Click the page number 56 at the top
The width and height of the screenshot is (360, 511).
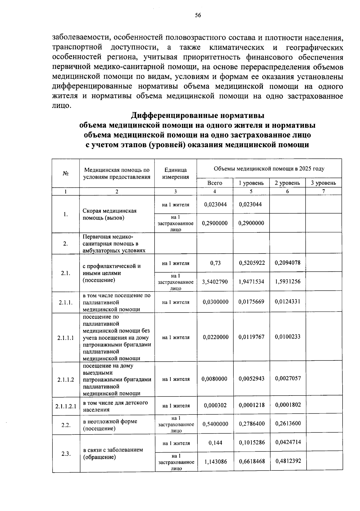pyautogui.click(x=198, y=16)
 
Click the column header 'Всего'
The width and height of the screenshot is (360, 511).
pyautogui.click(x=215, y=183)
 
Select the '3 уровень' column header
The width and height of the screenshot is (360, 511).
pyautogui.click(x=323, y=183)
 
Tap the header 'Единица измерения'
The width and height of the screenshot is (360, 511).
pyautogui.click(x=175, y=173)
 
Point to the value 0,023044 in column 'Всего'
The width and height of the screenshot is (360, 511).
pyautogui.click(x=215, y=205)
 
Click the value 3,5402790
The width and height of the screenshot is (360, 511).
pyautogui.click(x=215, y=282)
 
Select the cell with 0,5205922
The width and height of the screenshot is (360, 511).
pyautogui.click(x=252, y=263)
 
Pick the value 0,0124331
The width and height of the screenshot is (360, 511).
pyautogui.click(x=287, y=301)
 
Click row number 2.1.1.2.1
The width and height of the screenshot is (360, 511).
pyautogui.click(x=66, y=406)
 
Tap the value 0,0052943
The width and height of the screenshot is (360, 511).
pyautogui.click(x=252, y=379)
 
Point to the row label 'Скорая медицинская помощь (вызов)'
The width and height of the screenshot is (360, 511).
pyautogui.click(x=109, y=214)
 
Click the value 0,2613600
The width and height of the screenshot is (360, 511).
pyautogui.click(x=288, y=423)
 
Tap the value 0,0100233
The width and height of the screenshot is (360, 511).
pyautogui.click(x=287, y=337)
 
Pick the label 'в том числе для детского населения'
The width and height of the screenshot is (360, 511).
pyautogui.click(x=115, y=406)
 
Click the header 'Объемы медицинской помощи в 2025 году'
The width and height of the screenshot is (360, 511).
pyautogui.click(x=269, y=169)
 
